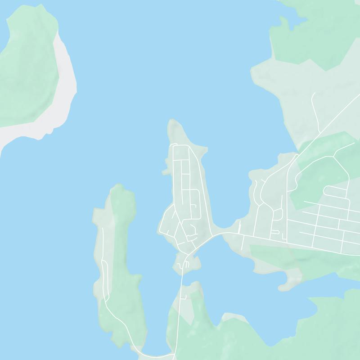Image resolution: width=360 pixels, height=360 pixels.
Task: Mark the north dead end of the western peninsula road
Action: [x=103, y=229]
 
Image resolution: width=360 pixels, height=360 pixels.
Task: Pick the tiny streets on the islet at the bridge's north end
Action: [x=184, y=265]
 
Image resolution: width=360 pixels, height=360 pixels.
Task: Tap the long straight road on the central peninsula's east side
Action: [x=197, y=180]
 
